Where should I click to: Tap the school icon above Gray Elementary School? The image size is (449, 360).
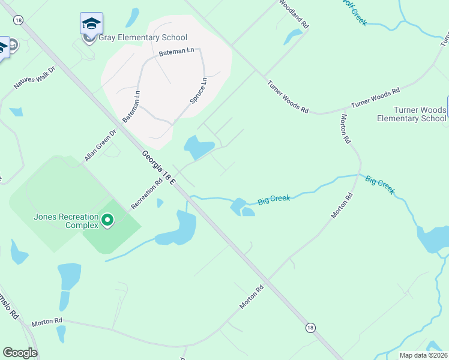91,23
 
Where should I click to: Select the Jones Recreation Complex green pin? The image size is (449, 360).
107,221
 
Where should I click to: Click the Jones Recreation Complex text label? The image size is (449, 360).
65,221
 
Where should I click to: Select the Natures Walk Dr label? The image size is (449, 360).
34,78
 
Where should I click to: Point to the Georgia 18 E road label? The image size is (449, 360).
159,167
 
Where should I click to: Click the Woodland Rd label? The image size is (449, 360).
293,14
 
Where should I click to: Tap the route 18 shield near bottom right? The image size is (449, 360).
310,328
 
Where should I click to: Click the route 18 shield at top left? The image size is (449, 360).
19,20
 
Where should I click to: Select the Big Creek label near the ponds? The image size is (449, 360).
274,199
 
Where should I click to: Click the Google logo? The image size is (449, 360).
20,353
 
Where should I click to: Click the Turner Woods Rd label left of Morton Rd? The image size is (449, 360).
288,97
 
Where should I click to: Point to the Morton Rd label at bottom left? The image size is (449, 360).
47,322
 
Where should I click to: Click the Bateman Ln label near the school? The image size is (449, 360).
176,53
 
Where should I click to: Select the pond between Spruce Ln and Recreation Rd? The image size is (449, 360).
199,146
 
